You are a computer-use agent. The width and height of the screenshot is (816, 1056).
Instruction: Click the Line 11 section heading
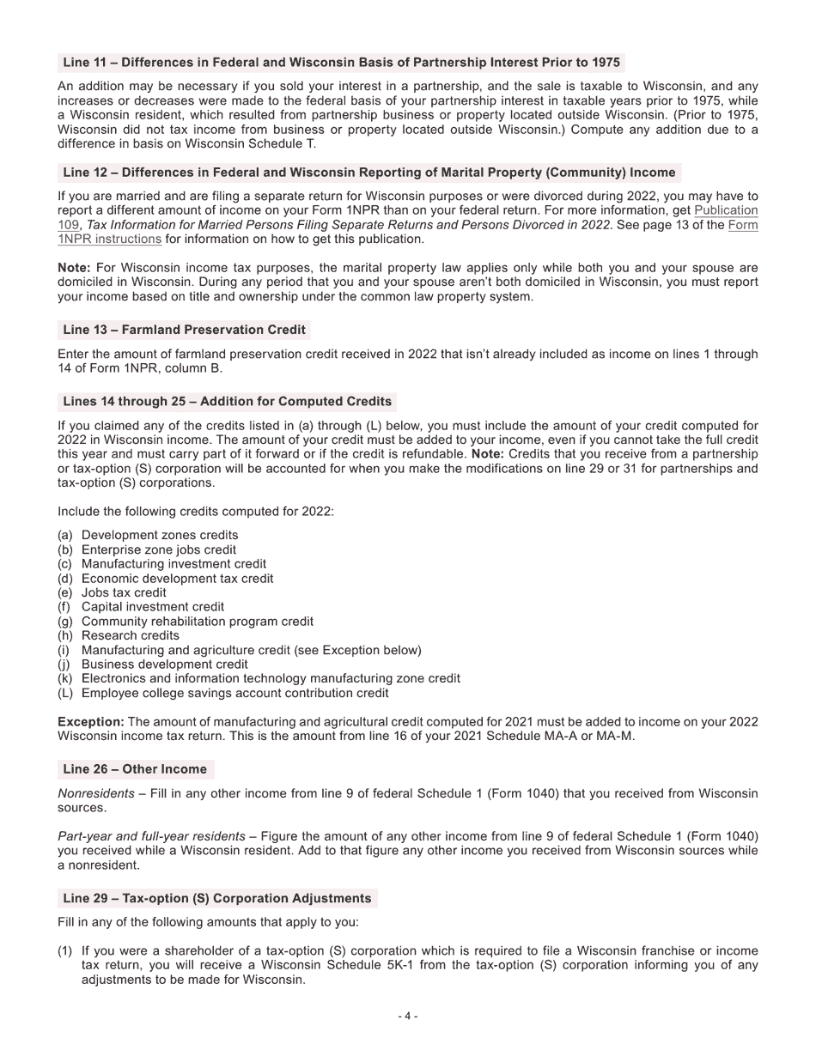pos(341,63)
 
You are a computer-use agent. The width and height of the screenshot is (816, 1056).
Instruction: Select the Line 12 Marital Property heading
pos(369,173)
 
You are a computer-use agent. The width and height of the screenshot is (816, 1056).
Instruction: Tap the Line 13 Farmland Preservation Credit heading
pos(184,330)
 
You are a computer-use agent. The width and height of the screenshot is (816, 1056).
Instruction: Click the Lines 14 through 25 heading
pos(227,401)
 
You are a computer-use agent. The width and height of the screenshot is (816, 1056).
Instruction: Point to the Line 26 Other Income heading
pos(135,769)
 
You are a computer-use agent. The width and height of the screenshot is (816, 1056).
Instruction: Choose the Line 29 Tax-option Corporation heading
pos(217,898)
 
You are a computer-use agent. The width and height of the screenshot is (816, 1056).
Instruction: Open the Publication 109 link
pos(726,210)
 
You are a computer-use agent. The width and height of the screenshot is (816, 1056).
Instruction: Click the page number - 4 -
pos(408,1017)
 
